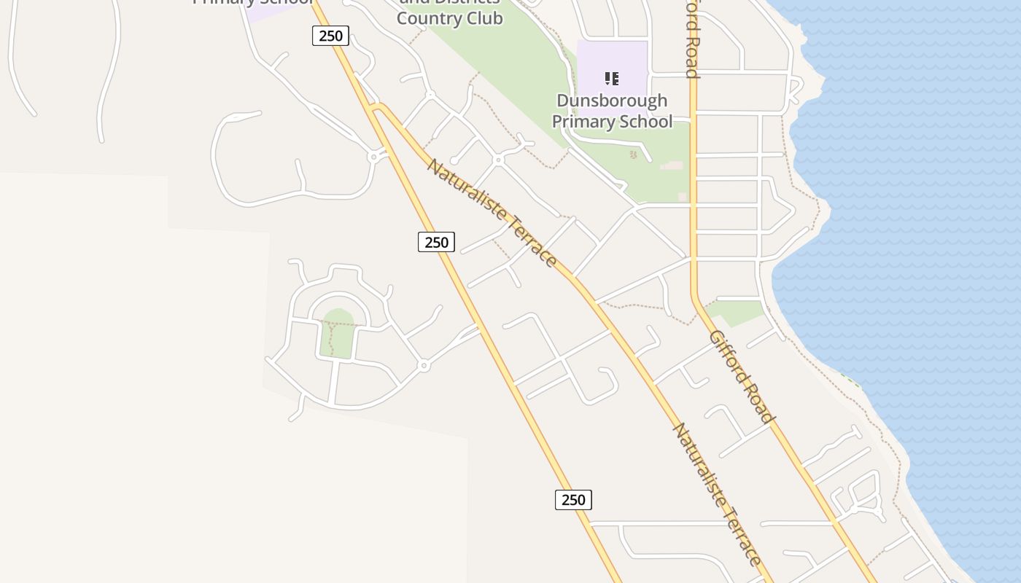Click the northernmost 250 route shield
(330, 36)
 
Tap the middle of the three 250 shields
(436, 242)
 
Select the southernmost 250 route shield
(573, 500)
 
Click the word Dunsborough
(611, 101)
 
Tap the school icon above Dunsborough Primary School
(612, 78)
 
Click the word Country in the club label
(422, 18)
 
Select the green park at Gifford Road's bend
(737, 310)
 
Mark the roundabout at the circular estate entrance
(424, 365)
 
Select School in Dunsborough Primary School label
(645, 122)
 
